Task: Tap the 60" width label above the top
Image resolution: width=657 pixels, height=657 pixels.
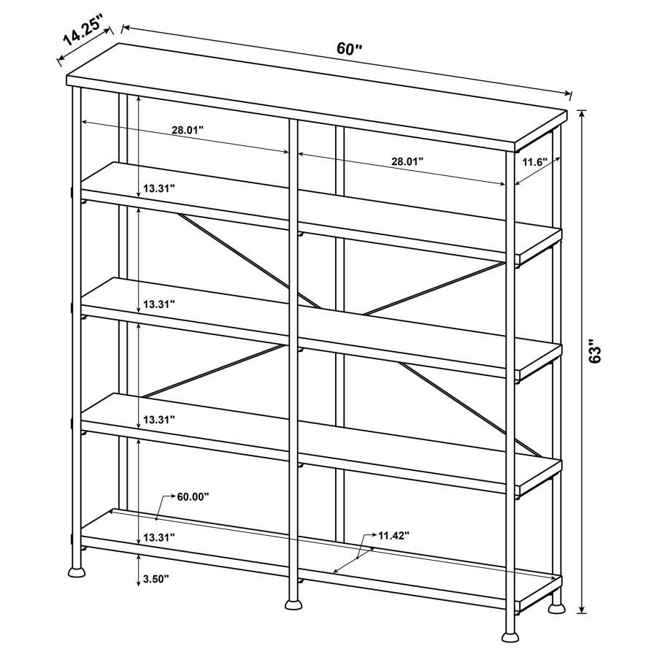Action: tap(349, 49)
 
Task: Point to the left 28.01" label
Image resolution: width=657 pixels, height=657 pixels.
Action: tap(188, 130)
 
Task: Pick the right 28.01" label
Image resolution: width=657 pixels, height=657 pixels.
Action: tap(407, 162)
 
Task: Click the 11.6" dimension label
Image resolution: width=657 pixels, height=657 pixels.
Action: tap(534, 162)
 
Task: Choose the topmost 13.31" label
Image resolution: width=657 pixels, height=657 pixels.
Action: tap(159, 188)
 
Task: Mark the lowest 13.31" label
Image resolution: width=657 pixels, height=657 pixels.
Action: tap(159, 537)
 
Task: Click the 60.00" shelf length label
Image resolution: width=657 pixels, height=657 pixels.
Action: tap(193, 496)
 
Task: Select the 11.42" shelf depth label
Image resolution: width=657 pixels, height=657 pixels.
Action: tap(393, 535)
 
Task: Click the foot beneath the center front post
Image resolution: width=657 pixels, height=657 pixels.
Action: tap(293, 603)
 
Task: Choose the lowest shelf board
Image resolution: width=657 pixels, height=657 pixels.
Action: tap(321, 551)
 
